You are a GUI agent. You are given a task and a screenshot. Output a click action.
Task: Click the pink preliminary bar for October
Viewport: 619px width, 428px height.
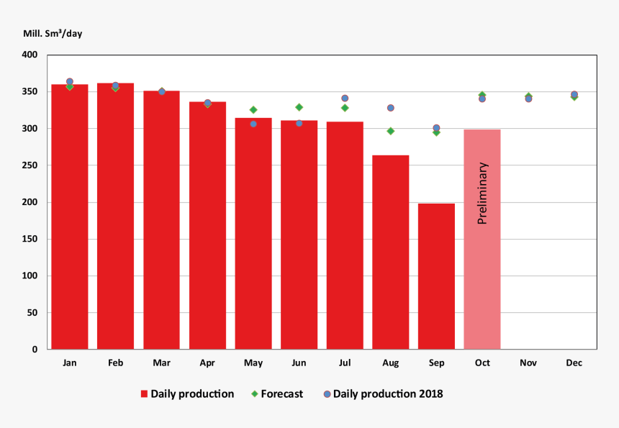pos(482,288)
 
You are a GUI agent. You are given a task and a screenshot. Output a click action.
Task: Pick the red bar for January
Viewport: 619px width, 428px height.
pos(70,217)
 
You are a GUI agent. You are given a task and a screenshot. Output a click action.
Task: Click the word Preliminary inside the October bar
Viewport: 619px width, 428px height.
pos(482,193)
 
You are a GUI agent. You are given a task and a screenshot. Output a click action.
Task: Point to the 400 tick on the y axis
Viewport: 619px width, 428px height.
pos(30,55)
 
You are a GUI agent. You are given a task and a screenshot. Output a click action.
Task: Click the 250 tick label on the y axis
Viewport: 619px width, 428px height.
pos(30,165)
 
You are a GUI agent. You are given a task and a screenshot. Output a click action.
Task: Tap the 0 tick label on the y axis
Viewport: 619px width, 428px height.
pos(35,350)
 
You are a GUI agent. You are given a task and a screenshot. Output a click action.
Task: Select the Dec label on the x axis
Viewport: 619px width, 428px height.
pos(574,363)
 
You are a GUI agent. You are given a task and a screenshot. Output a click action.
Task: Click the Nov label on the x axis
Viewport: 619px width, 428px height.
pos(528,363)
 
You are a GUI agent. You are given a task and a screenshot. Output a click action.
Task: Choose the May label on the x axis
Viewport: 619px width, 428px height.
pos(253,363)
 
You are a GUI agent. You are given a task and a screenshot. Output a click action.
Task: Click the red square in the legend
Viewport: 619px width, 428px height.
pos(144,394)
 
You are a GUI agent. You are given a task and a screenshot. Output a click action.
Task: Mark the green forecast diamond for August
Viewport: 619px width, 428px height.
pos(390,131)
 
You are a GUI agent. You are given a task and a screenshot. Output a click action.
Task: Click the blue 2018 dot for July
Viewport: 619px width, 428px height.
pos(345,99)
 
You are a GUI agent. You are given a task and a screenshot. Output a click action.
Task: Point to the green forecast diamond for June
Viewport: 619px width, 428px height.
pos(299,107)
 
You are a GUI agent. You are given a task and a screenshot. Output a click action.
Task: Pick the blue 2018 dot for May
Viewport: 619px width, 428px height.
pos(253,124)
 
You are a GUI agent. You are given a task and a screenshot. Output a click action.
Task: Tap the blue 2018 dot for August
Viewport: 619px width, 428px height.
pos(390,108)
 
